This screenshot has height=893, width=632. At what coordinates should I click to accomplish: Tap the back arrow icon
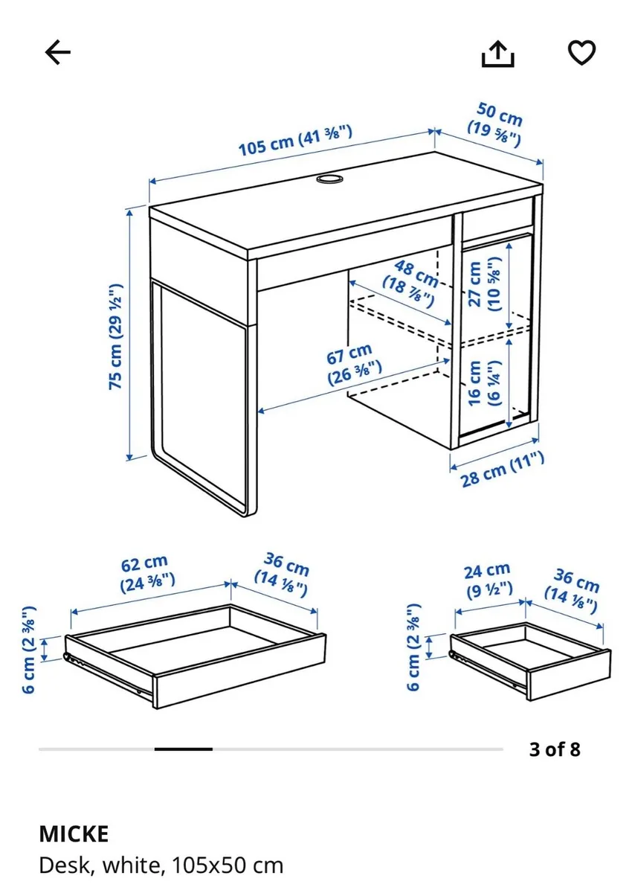pyautogui.click(x=57, y=52)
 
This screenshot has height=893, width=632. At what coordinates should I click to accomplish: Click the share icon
pyautogui.click(x=497, y=52)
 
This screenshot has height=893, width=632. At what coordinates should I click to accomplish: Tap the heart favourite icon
pyautogui.click(x=581, y=52)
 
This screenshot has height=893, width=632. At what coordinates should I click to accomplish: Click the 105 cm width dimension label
pyautogui.click(x=295, y=141)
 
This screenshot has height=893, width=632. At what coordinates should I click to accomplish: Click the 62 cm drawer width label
pyautogui.click(x=146, y=572)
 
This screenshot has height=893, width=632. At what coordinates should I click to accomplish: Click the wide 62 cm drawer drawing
pyautogui.click(x=195, y=655)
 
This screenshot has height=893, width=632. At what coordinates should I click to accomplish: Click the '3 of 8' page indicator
pyautogui.click(x=554, y=749)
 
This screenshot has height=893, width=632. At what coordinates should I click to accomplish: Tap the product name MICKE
pyautogui.click(x=74, y=833)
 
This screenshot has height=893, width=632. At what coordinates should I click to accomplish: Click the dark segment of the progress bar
pyautogui.click(x=184, y=749)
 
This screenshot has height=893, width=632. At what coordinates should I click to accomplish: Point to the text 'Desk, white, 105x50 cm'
pyautogui.click(x=161, y=865)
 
